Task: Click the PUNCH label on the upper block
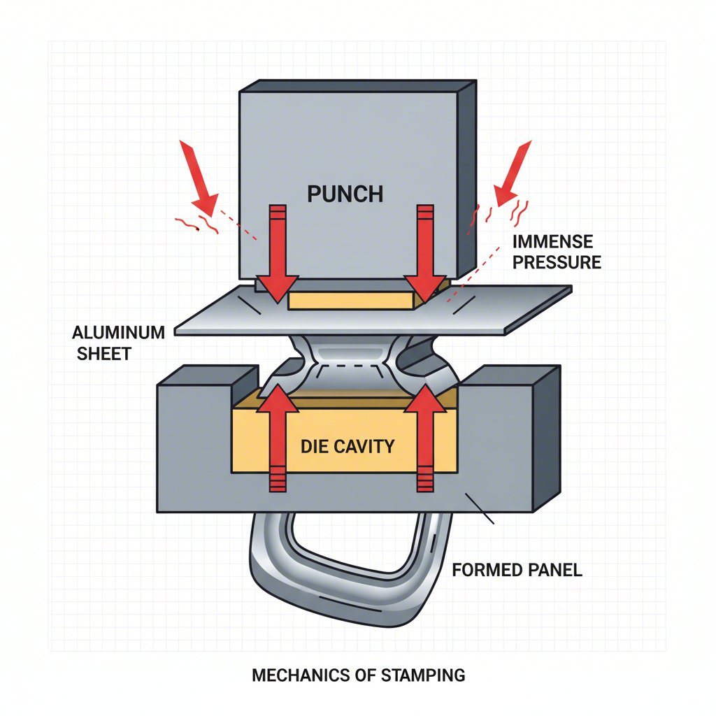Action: click(345, 193)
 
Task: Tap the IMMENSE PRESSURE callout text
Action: click(556, 252)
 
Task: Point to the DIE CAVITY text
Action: click(348, 445)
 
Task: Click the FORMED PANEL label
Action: click(517, 570)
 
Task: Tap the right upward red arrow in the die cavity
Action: click(424, 434)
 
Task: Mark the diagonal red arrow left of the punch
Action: click(199, 178)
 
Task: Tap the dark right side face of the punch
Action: click(467, 182)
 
